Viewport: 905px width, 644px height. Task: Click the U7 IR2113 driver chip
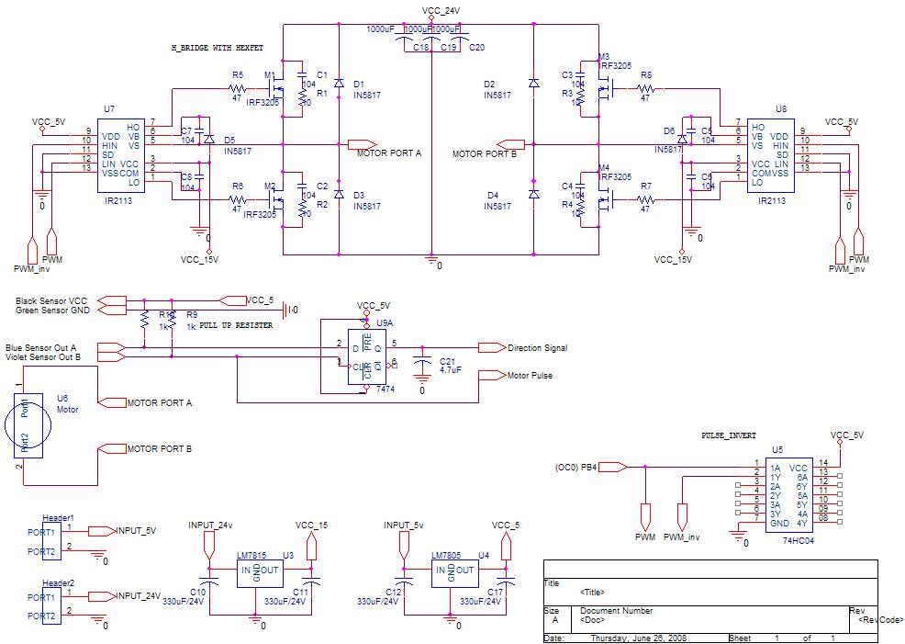120,153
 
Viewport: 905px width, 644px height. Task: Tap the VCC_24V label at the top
441,10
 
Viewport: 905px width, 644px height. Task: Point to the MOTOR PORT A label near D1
388,153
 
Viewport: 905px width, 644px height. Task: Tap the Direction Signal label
537,348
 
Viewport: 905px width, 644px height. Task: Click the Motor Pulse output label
530,375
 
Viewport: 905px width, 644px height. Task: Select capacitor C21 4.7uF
422,365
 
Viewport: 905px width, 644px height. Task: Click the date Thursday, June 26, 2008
638,638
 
